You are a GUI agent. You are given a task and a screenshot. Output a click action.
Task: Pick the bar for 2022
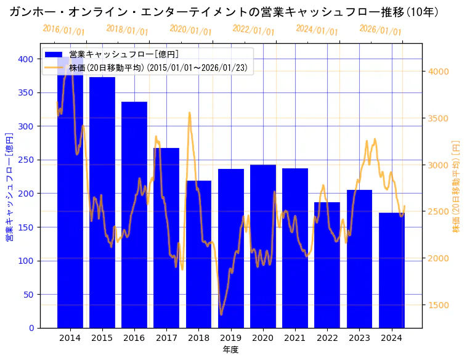click(x=327, y=264)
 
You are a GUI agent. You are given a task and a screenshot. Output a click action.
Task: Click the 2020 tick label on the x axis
click(x=263, y=338)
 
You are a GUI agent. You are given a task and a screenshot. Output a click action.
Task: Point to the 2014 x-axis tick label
click(x=70, y=338)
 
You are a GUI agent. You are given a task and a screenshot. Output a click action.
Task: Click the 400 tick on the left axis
click(x=26, y=59)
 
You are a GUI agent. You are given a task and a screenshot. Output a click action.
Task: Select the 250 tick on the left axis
click(x=26, y=160)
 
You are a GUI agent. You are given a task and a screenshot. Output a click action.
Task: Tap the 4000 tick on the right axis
click(x=439, y=72)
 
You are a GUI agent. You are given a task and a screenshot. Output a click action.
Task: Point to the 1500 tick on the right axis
click(x=439, y=305)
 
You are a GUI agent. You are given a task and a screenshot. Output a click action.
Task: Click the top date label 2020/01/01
click(x=190, y=30)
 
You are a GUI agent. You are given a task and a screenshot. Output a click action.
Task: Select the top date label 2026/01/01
click(x=380, y=30)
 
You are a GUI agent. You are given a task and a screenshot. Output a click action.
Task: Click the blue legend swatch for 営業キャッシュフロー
click(x=54, y=55)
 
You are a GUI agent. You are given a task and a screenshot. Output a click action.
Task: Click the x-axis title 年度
click(x=231, y=350)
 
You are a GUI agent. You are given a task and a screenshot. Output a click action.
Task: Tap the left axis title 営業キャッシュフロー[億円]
click(x=10, y=186)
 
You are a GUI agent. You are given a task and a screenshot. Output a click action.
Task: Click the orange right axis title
click(x=456, y=186)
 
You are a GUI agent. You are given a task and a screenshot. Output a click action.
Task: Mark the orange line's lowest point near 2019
click(x=221, y=314)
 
